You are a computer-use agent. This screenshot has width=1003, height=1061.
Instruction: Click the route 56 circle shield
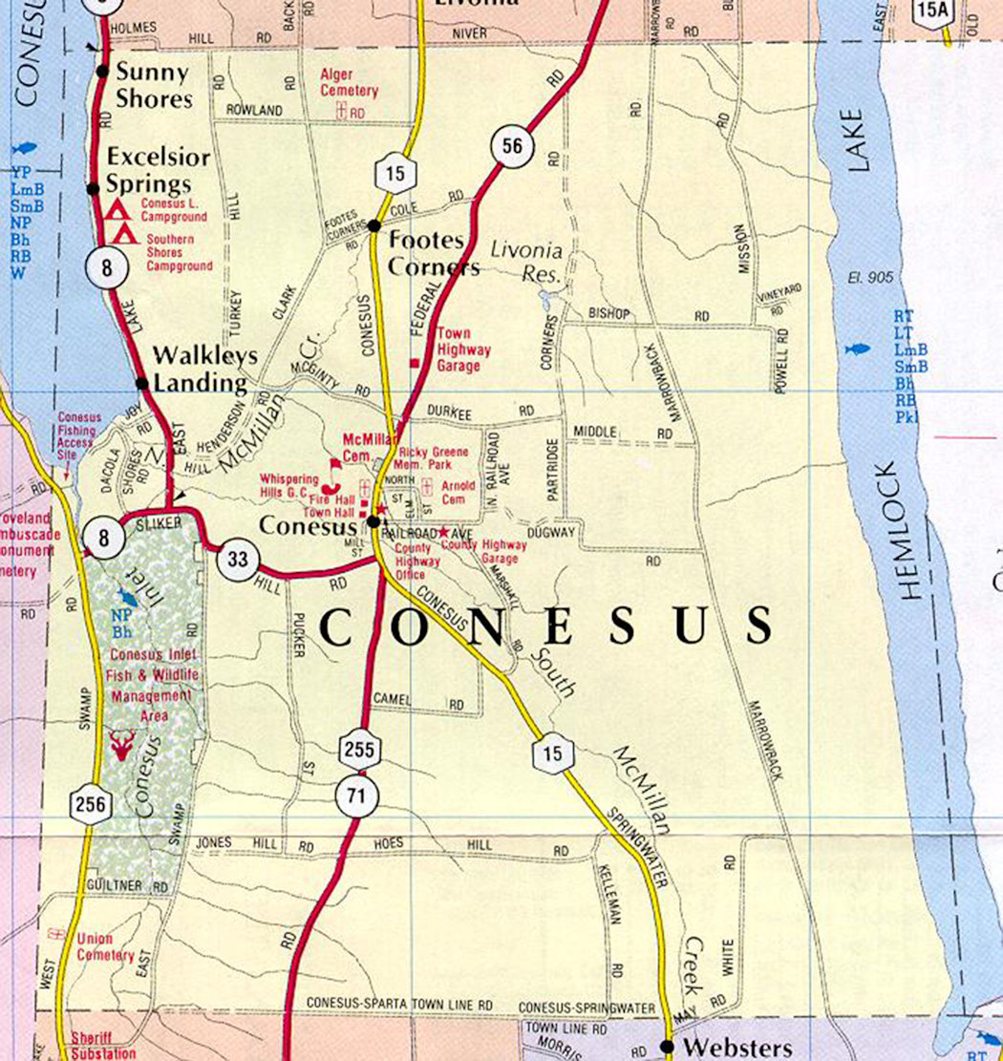pyautogui.click(x=513, y=147)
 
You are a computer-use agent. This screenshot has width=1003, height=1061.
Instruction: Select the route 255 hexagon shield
pyautogui.click(x=359, y=750)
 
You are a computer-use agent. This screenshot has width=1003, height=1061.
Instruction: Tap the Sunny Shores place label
pyautogui.click(x=153, y=85)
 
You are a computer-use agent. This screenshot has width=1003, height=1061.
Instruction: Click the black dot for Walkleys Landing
pyautogui.click(x=142, y=383)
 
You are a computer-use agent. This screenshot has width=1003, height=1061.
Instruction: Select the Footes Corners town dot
pyautogui.click(x=374, y=225)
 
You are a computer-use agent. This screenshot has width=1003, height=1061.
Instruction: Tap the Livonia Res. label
pyautogui.click(x=526, y=260)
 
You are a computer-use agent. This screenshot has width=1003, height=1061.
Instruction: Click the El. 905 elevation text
pyautogui.click(x=869, y=278)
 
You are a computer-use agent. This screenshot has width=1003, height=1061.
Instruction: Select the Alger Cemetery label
pyautogui.click(x=349, y=83)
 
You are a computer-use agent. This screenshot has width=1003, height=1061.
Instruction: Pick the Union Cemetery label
pyautogui.click(x=105, y=947)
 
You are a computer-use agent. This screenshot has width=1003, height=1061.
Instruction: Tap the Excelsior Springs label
pyautogui.click(x=147, y=170)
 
